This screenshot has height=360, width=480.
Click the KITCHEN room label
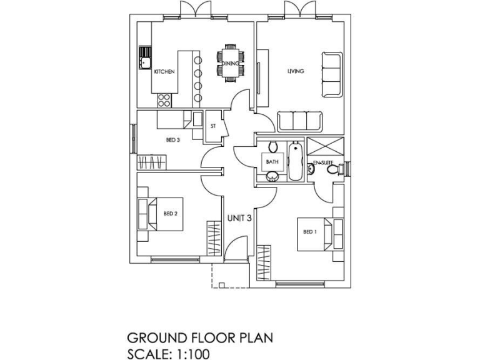point(164,72)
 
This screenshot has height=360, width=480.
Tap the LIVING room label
point(295,71)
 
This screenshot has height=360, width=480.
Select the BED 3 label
point(173,140)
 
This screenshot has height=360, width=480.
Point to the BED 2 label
point(171,213)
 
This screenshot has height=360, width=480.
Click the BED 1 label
point(310,231)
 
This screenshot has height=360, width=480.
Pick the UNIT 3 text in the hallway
point(239,218)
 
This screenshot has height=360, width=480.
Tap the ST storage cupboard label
point(213,126)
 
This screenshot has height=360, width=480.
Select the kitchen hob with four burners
point(166,98)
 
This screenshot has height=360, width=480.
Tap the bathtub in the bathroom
point(296,162)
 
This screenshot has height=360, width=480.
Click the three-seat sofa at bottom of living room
point(299,121)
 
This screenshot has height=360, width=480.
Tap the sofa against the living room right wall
point(331,74)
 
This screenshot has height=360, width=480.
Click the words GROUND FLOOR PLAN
point(200,338)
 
